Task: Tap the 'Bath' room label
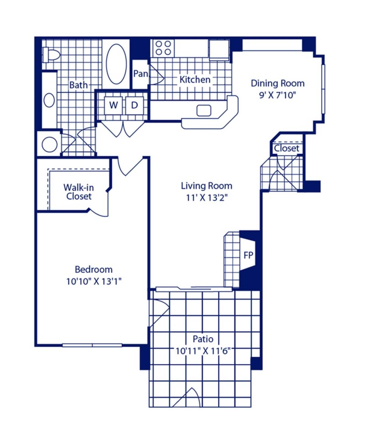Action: point(78,85)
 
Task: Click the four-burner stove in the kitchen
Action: point(163,48)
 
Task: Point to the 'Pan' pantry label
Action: point(140,74)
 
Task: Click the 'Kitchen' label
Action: point(195,80)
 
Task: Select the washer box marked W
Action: point(113,105)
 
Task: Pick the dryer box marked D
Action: point(134,105)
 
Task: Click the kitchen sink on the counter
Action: point(204,110)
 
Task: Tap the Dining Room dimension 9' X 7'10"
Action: point(278,95)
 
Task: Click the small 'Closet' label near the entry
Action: point(286,149)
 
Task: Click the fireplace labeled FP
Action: point(248,255)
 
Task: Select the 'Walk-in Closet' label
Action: point(78,192)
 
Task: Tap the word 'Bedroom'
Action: point(94,270)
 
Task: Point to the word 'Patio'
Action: point(203,339)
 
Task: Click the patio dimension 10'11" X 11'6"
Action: point(203,351)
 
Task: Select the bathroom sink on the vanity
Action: point(49,100)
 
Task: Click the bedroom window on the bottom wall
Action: point(92,346)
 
